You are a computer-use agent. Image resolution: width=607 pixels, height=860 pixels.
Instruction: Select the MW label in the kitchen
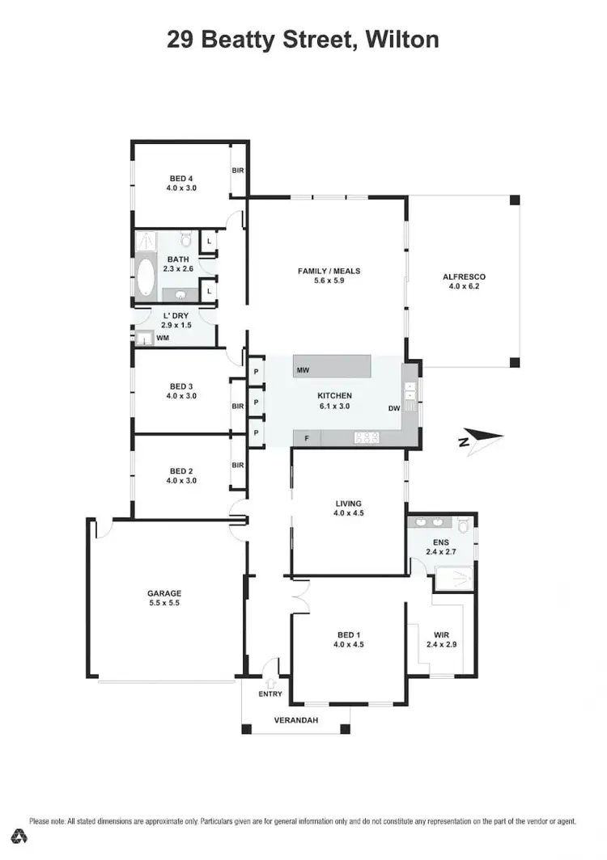click(x=303, y=370)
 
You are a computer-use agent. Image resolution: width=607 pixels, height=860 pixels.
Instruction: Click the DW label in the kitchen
click(x=394, y=408)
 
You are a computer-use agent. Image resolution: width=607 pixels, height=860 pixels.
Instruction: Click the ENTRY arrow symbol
click(x=271, y=665)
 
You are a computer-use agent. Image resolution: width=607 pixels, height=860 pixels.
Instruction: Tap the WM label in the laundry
click(x=162, y=338)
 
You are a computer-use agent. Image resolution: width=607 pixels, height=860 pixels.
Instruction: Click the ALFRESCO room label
click(x=464, y=276)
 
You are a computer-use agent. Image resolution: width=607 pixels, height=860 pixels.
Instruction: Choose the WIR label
click(x=441, y=635)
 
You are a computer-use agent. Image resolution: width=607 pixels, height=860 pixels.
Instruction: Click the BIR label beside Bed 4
click(x=238, y=171)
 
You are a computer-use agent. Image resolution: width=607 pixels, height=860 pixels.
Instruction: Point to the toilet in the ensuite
click(x=463, y=525)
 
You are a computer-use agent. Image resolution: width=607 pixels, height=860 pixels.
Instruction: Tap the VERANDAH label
click(x=295, y=719)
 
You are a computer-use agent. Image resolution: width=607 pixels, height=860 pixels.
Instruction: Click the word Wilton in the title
click(x=400, y=39)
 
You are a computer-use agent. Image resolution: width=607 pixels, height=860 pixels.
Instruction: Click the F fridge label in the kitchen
click(x=306, y=438)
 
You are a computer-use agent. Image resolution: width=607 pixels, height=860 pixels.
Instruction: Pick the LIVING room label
click(x=347, y=504)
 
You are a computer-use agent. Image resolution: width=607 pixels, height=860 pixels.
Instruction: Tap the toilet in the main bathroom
click(x=185, y=240)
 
